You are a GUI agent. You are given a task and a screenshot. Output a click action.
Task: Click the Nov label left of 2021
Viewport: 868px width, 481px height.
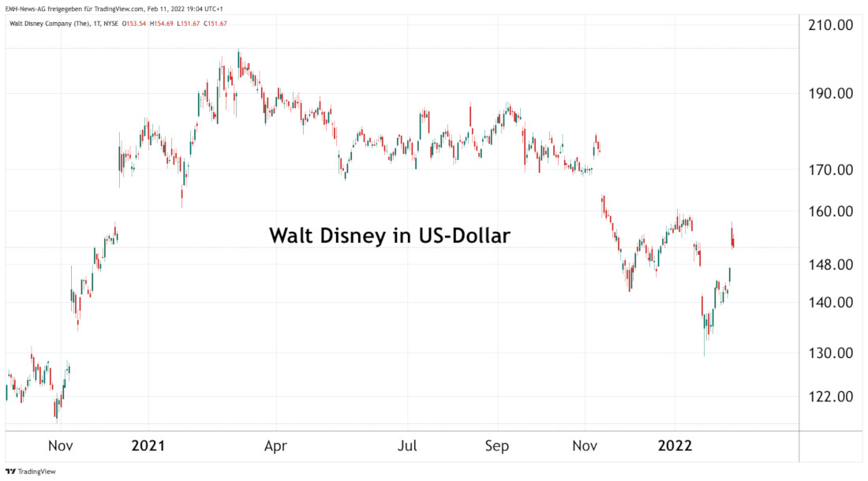61,446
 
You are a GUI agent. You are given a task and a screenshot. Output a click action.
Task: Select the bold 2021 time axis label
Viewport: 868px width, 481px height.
148,446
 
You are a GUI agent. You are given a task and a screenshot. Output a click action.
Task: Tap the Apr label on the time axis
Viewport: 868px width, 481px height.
275,446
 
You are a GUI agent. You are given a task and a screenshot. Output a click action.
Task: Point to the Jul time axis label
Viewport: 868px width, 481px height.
407,446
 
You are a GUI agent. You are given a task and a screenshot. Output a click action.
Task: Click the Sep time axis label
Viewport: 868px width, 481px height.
497,446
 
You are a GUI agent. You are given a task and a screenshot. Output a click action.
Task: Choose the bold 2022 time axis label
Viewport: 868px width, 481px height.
675,446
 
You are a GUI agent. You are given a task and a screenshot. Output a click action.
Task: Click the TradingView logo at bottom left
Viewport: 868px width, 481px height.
26,472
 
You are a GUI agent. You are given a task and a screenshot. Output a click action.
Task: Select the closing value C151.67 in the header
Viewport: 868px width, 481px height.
215,23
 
